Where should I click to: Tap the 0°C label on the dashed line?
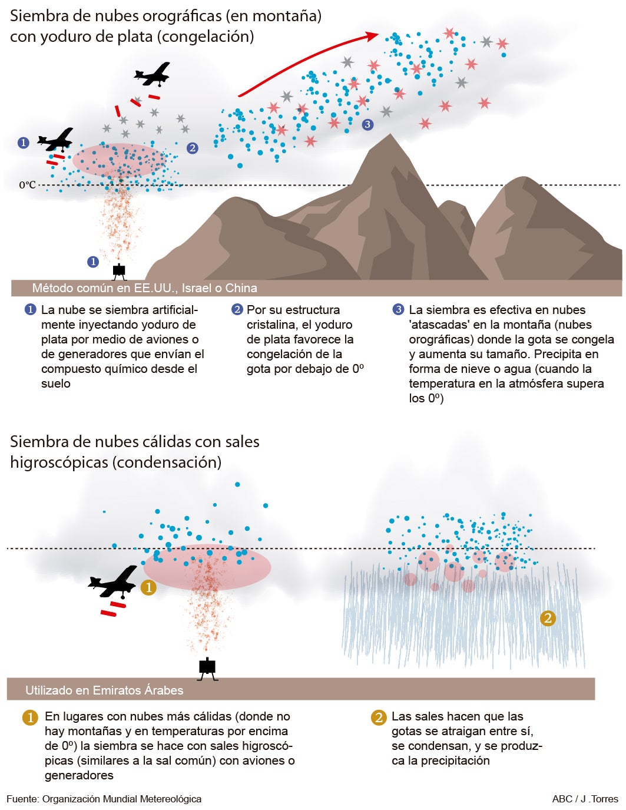[28, 185]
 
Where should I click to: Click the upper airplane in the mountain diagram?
[153, 74]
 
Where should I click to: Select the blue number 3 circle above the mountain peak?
[368, 124]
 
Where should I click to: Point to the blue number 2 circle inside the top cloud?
[192, 148]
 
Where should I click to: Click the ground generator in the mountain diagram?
[119, 272]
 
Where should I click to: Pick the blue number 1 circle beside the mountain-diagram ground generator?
[93, 262]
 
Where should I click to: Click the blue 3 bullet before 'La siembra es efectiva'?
[398, 309]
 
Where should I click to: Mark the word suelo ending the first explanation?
[56, 383]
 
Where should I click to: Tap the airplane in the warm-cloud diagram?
[113, 583]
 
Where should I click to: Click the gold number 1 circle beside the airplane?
[148, 588]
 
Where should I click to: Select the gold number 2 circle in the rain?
[548, 619]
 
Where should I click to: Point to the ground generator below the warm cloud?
[207, 669]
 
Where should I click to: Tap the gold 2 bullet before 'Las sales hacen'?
[379, 718]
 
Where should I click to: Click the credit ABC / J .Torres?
[585, 799]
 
